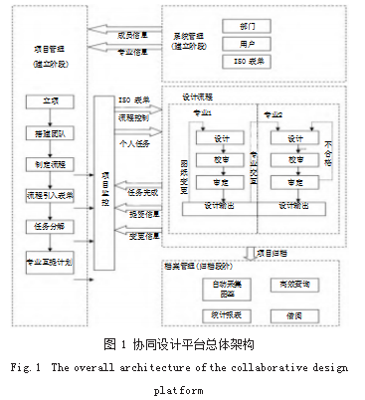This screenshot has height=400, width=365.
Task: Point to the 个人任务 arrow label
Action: tap(135, 144)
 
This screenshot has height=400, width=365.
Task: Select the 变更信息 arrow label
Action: tap(145, 236)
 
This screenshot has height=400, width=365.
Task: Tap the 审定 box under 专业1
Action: tap(221, 182)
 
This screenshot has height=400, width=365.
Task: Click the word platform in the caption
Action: tap(182, 390)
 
